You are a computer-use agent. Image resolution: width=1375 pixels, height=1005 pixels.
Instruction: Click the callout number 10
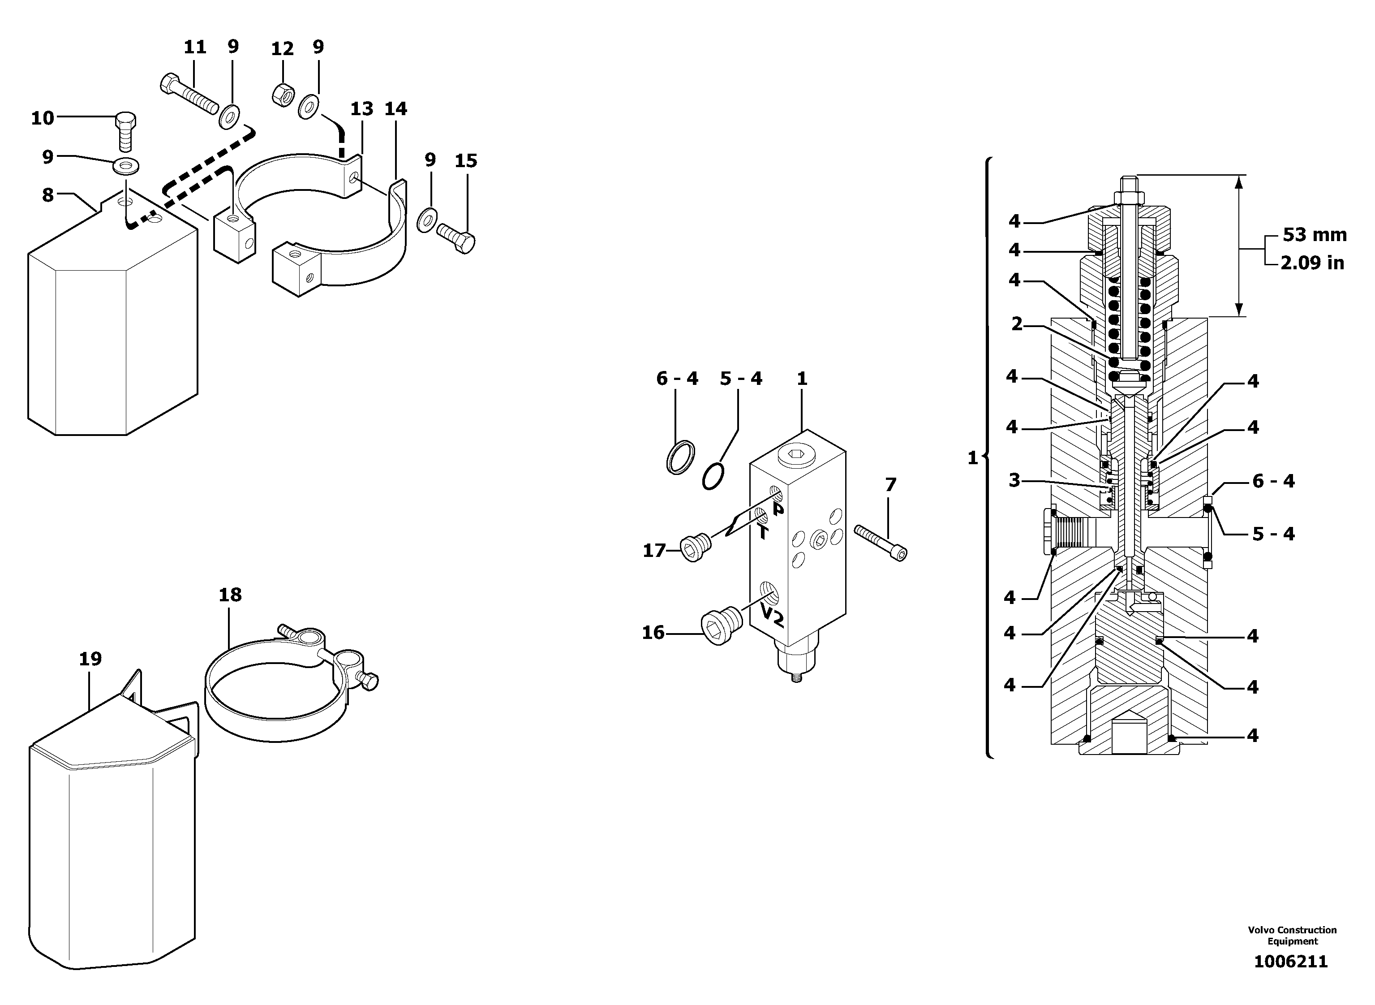pyautogui.click(x=43, y=118)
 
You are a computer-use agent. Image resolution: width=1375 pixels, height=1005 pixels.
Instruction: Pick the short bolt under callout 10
pyautogui.click(x=125, y=131)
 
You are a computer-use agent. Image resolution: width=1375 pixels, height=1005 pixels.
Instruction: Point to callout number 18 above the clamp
pyautogui.click(x=230, y=595)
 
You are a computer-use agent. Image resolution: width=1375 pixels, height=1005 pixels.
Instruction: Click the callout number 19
pyautogui.click(x=90, y=659)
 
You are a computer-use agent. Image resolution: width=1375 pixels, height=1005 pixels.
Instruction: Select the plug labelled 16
pyautogui.click(x=721, y=626)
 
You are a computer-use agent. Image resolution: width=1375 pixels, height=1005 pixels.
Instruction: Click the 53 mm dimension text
pyautogui.click(x=1314, y=235)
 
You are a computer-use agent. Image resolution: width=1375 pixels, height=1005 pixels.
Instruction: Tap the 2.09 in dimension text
pyautogui.click(x=1312, y=263)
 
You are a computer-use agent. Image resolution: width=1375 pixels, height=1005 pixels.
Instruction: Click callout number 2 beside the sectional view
pyautogui.click(x=1016, y=324)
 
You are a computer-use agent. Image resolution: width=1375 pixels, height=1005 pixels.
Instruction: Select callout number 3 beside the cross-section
pyautogui.click(x=1014, y=481)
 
